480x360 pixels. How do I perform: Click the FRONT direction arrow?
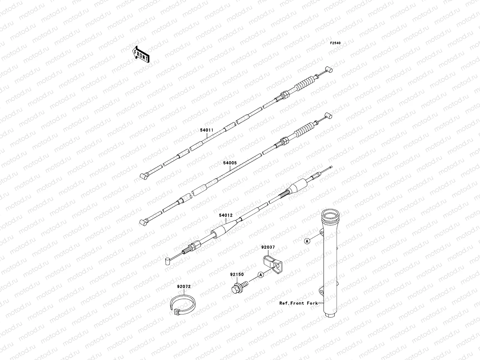(141, 54)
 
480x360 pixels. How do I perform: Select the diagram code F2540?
(335, 43)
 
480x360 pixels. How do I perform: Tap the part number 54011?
(207, 130)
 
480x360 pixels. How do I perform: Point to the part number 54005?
(230, 163)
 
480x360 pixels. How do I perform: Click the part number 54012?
(226, 215)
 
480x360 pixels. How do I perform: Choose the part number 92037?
(268, 247)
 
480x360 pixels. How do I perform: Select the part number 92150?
(237, 274)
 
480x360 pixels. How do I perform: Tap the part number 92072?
(184, 286)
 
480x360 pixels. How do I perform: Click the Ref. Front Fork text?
(298, 303)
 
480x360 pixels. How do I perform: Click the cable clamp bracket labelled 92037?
(273, 265)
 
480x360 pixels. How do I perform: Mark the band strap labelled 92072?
(183, 304)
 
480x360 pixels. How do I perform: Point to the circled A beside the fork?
(307, 241)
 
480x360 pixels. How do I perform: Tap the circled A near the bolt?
(260, 275)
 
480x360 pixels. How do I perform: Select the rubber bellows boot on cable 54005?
(304, 129)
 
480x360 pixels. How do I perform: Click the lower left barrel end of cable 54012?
(167, 261)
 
